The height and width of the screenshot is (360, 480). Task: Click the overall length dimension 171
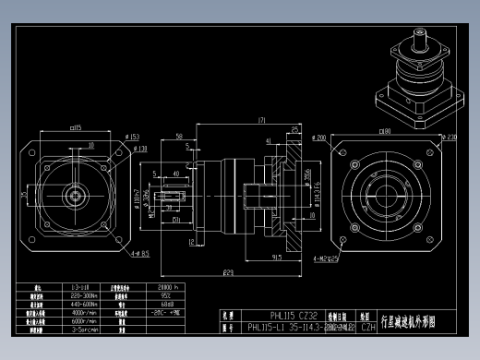pyautogui.click(x=236, y=119)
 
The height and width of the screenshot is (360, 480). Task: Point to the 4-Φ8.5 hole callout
pyautogui.click(x=140, y=252)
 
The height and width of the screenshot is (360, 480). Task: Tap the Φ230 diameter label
pyautogui.click(x=450, y=138)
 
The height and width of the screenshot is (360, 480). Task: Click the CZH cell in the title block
pyautogui.click(x=367, y=326)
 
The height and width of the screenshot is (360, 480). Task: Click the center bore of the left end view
pyautogui.click(x=74, y=196)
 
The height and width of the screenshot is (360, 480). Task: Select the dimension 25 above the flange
pyautogui.click(x=294, y=128)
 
